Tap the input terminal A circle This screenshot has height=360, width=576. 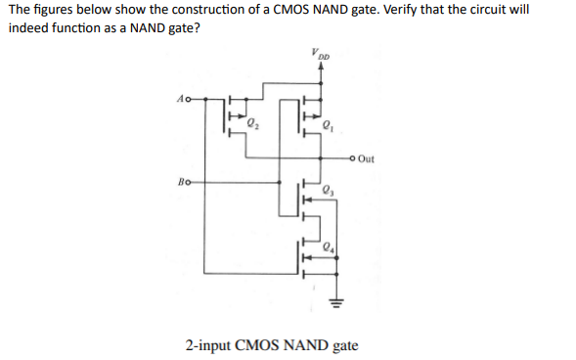188,99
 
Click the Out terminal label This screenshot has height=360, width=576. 367,158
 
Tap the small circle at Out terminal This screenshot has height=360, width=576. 352,158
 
